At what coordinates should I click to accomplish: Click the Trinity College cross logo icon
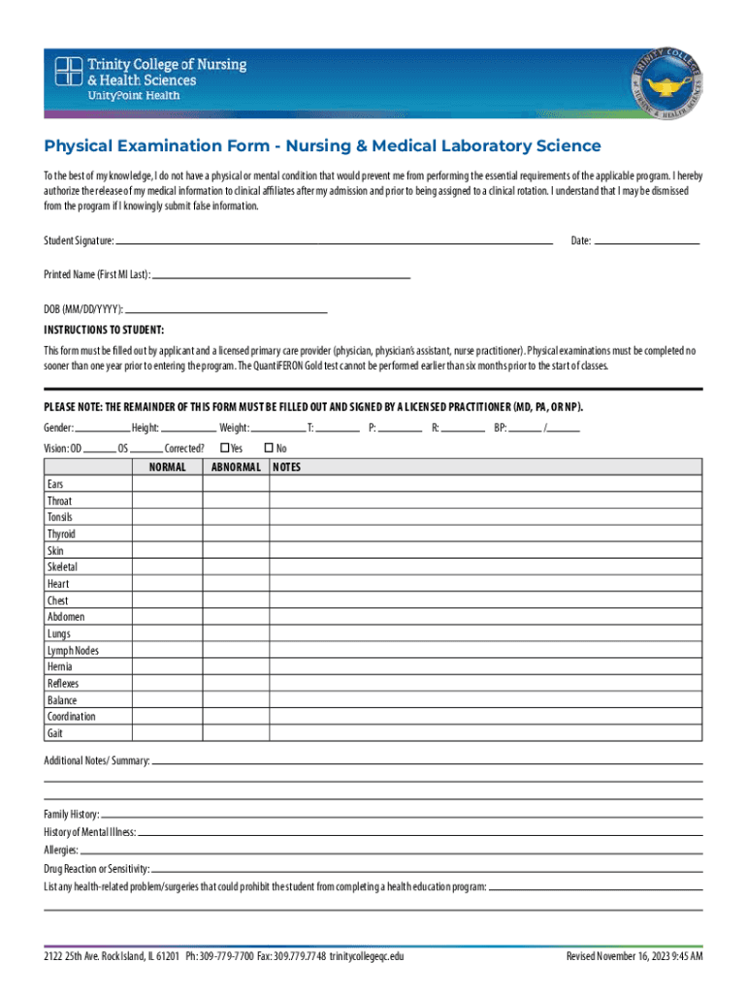pos(69,74)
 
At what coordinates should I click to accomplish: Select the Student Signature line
pos(334,240)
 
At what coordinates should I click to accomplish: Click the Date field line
pos(646,240)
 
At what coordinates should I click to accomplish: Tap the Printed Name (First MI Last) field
pos(281,275)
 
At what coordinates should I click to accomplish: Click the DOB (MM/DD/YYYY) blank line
pos(225,310)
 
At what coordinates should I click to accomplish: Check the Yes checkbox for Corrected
pos(224,448)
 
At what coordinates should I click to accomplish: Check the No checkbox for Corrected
pos(269,448)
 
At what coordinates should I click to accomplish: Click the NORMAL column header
pos(167,467)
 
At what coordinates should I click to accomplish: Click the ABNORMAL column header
pos(236,467)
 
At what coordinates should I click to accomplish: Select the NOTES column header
pos(287,467)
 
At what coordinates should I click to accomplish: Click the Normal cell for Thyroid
pos(167,534)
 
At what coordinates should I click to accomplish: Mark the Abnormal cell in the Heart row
pos(236,584)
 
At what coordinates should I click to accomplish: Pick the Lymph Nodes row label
pos(73,651)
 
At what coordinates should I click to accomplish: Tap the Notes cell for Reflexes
pos(485,684)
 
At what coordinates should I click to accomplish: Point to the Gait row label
pos(55,733)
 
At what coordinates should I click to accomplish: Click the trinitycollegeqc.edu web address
pos(366,957)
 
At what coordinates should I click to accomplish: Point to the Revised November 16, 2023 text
pos(634,957)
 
